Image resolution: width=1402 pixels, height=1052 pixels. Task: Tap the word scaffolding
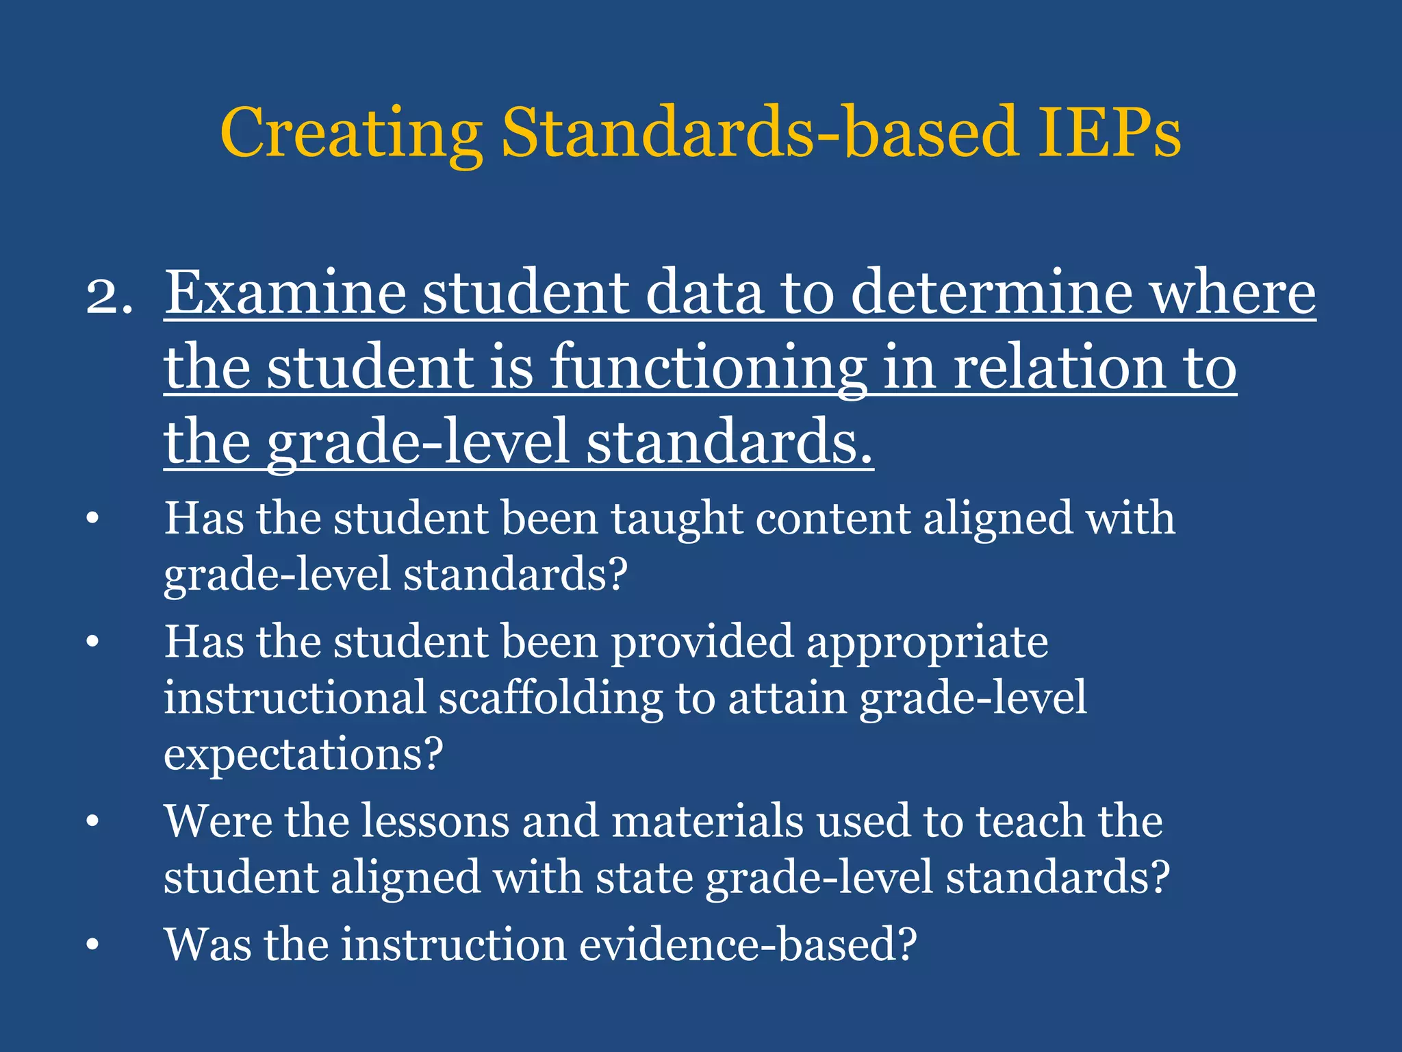[x=550, y=699]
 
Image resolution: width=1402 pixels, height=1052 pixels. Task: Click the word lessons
[x=435, y=821]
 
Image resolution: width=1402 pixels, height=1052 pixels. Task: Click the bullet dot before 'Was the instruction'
[x=93, y=945]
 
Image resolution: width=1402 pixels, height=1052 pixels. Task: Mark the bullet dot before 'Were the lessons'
[x=93, y=822]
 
